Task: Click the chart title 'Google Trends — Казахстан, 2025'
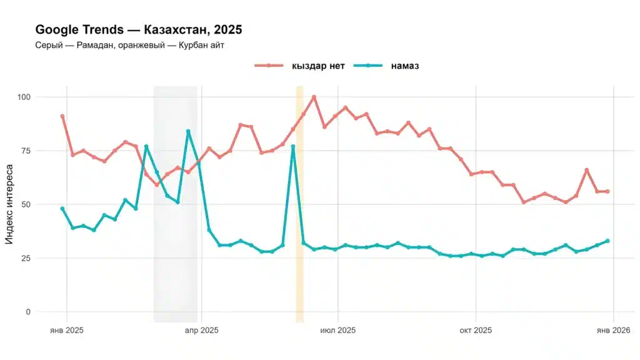point(138,29)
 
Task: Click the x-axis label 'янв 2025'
point(66,329)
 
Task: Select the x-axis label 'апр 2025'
point(201,329)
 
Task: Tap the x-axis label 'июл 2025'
point(338,329)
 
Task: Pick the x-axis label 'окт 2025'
point(476,329)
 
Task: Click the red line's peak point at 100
point(314,97)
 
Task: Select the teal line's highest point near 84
point(188,131)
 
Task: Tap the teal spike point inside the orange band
point(292,146)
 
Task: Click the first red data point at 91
point(62,116)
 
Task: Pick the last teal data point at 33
point(607,241)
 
